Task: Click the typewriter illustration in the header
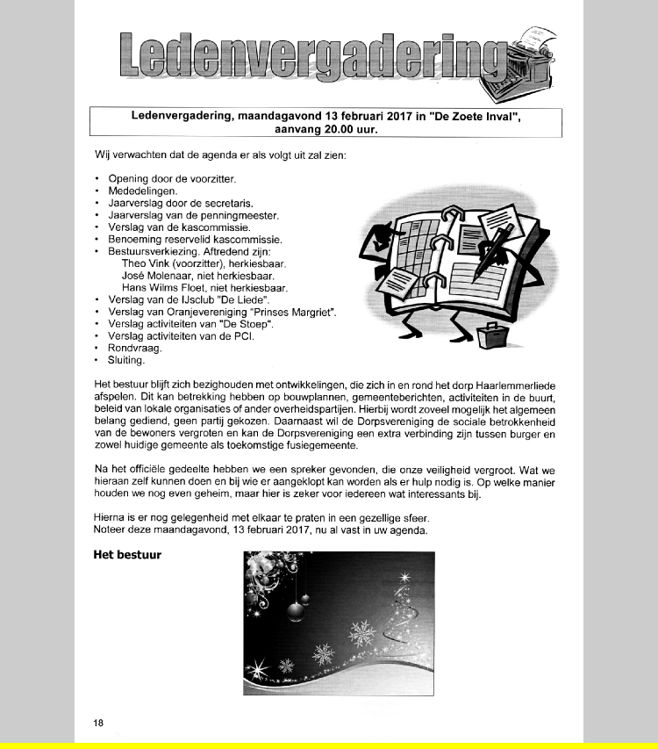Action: tap(530, 57)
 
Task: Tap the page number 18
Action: tap(98, 723)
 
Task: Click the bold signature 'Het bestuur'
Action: tap(127, 555)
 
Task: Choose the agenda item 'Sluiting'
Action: tap(126, 360)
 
